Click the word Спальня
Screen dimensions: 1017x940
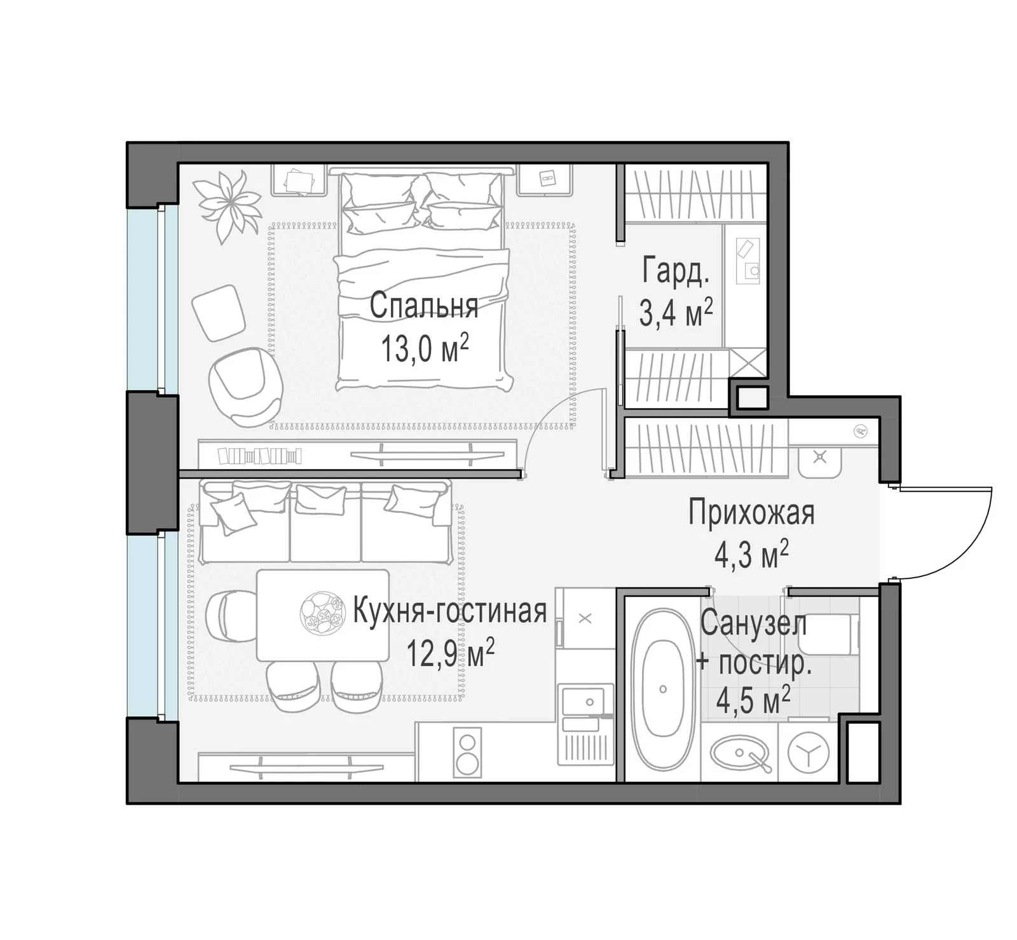pyautogui.click(x=424, y=306)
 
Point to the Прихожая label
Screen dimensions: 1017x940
pyautogui.click(x=751, y=513)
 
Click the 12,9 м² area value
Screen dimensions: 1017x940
pyautogui.click(x=451, y=653)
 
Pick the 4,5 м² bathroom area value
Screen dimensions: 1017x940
pyautogui.click(x=753, y=702)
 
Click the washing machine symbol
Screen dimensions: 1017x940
pyautogui.click(x=809, y=752)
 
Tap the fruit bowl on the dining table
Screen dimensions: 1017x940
pyautogui.click(x=320, y=614)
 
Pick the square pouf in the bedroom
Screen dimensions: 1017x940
pyautogui.click(x=218, y=313)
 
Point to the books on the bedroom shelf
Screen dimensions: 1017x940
pyautogui.click(x=259, y=456)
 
